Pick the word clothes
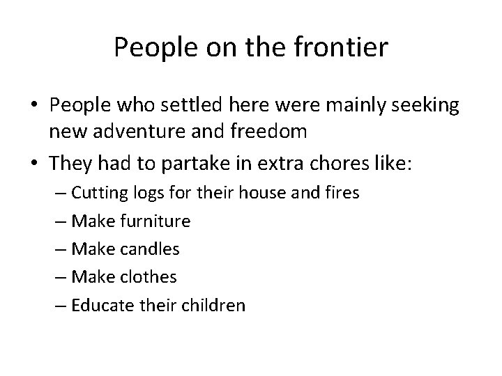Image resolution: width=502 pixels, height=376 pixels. pos(147,276)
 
